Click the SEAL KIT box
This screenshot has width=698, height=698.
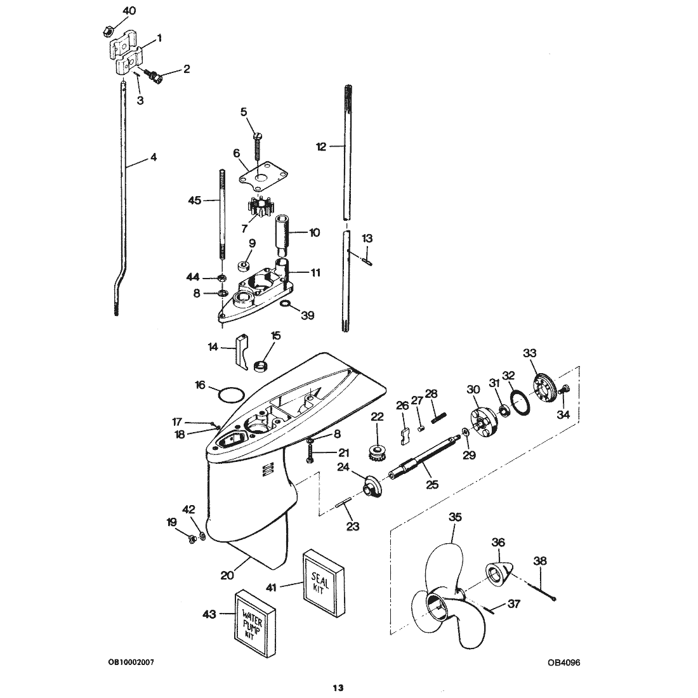(324, 583)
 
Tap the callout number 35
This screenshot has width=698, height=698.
(455, 517)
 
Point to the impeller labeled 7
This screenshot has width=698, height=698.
(260, 208)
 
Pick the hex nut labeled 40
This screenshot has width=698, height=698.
(107, 31)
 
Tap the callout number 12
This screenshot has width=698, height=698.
(322, 147)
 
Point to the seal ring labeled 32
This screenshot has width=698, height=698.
(520, 402)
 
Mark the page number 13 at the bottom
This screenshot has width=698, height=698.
(338, 688)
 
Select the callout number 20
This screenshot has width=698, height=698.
(227, 576)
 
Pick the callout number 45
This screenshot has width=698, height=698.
(195, 201)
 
